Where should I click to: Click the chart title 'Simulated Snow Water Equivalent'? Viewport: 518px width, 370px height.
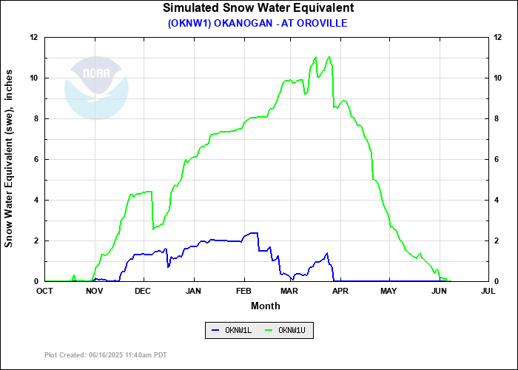pyautogui.click(x=258, y=8)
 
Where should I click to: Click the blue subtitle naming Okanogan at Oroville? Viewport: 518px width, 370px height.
pyautogui.click(x=258, y=23)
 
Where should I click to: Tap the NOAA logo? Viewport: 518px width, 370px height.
pyautogui.click(x=96, y=87)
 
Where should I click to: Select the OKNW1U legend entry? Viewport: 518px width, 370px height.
pyautogui.click(x=289, y=331)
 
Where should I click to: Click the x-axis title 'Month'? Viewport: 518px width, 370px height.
pyautogui.click(x=265, y=306)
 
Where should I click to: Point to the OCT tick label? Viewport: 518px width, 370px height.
pyautogui.click(x=45, y=291)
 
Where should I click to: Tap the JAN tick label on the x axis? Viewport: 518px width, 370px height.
pyautogui.click(x=194, y=291)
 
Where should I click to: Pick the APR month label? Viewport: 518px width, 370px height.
pyautogui.click(x=340, y=291)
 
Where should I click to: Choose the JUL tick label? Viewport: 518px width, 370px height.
pyautogui.click(x=488, y=291)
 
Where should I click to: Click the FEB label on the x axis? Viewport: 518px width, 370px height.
pyautogui.click(x=244, y=291)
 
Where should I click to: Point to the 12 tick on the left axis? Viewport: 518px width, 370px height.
pyautogui.click(x=34, y=37)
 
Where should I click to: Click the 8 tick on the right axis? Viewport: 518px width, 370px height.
pyautogui.click(x=497, y=118)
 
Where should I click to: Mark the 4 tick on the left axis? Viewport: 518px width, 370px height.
pyautogui.click(x=36, y=200)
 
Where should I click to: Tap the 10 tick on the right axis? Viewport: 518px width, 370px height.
pyautogui.click(x=499, y=78)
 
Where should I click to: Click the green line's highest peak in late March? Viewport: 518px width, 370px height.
pyautogui.click(x=329, y=56)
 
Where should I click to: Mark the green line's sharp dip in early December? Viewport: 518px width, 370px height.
pyautogui.click(x=153, y=229)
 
